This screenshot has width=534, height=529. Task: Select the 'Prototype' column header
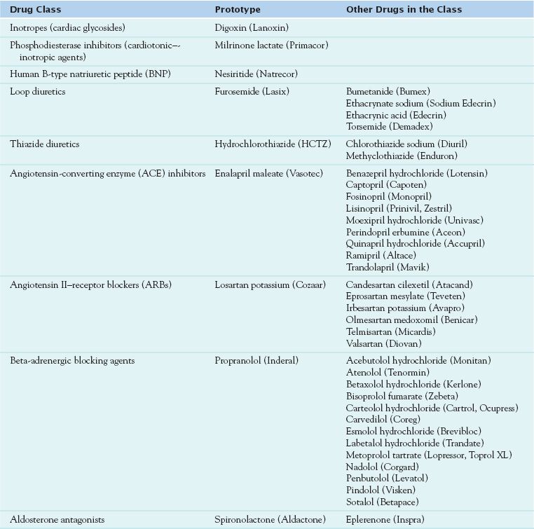[237, 10]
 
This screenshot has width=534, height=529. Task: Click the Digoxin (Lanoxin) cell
[252, 27]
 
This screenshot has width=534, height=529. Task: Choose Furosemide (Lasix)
[252, 91]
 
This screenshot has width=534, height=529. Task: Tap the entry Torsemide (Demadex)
[386, 127]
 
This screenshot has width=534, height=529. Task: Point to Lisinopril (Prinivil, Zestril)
[399, 208]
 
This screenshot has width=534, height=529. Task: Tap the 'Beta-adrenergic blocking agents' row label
[72, 360]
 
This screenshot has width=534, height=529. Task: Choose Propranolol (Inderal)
[256, 360]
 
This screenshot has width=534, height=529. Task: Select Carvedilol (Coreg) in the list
[380, 419]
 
